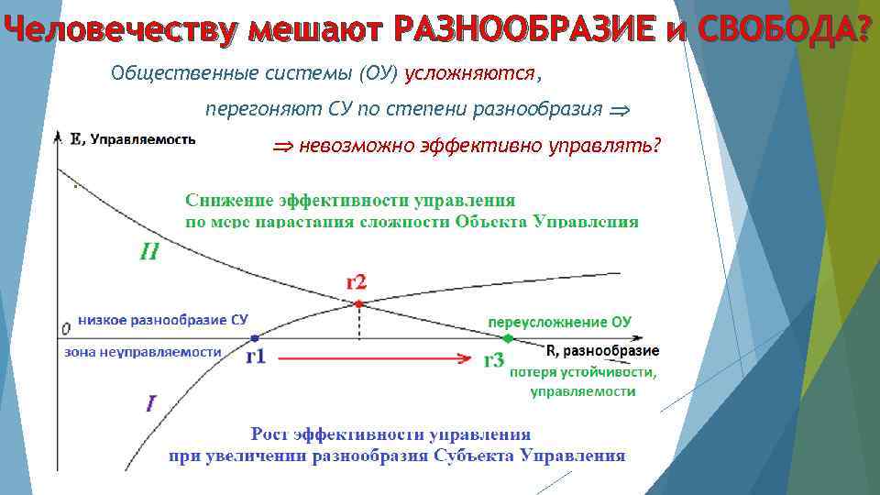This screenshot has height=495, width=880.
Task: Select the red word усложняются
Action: [469, 72]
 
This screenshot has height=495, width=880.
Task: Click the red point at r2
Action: [359, 303]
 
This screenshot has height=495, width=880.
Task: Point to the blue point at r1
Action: [255, 337]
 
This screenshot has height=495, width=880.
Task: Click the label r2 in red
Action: [356, 281]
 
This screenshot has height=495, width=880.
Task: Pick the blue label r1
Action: [256, 357]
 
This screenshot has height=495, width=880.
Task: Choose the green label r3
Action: [494, 360]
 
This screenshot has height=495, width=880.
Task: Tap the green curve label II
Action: [149, 250]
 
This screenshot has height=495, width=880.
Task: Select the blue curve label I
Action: [151, 401]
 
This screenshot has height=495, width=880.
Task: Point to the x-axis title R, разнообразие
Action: [602, 351]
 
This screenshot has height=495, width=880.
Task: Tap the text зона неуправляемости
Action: [143, 351]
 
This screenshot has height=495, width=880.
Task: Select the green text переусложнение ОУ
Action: [559, 322]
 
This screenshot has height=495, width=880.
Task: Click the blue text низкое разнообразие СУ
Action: [163, 320]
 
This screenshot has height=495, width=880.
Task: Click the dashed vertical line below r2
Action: [359, 323]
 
